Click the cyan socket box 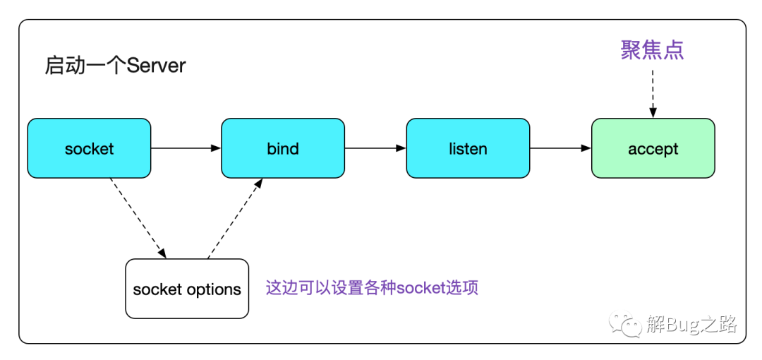pyautogui.click(x=89, y=148)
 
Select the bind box pyautogui.click(x=283, y=148)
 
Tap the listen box pyautogui.click(x=468, y=148)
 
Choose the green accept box pyautogui.click(x=653, y=148)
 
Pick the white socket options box pyautogui.click(x=187, y=289)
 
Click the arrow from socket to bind pyautogui.click(x=186, y=148)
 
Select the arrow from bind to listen pyautogui.click(x=375, y=148)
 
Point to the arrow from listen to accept pyautogui.click(x=561, y=148)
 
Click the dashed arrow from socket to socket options pyautogui.click(x=138, y=218)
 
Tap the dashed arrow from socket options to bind pyautogui.click(x=235, y=218)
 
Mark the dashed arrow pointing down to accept pyautogui.click(x=653, y=93)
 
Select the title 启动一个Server pyautogui.click(x=115, y=66)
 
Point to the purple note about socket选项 pyautogui.click(x=373, y=287)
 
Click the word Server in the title pyautogui.click(x=157, y=66)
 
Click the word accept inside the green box pyautogui.click(x=653, y=149)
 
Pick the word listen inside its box pyautogui.click(x=468, y=148)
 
